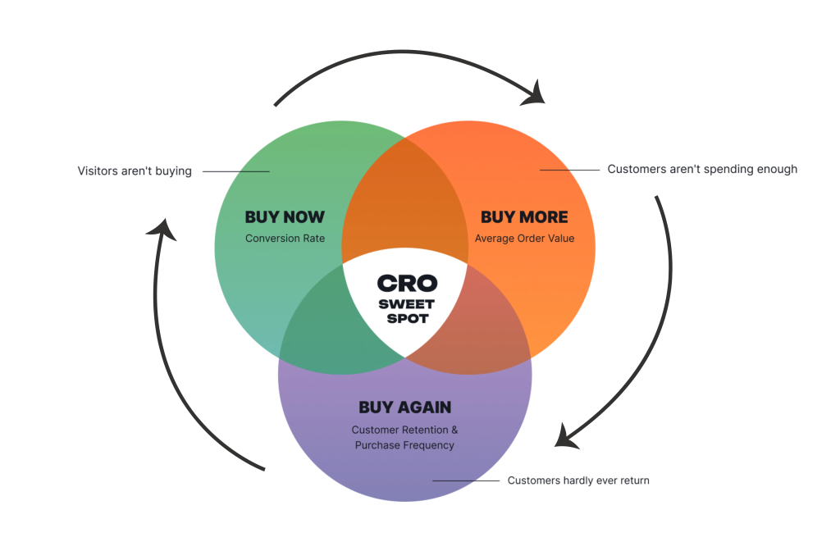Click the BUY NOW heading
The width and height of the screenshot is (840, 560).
point(285,216)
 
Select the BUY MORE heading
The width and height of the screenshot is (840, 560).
point(524,216)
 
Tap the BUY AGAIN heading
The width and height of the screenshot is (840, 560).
point(405,407)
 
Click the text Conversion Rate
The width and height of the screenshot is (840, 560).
point(285,239)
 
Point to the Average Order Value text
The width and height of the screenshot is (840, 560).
point(524,239)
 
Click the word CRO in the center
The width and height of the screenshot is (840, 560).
point(407,283)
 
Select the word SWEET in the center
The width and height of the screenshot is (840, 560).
point(407,304)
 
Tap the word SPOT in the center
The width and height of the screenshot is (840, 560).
point(408,319)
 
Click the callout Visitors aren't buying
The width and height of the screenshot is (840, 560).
point(135,171)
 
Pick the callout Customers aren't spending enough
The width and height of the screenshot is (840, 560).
point(702,169)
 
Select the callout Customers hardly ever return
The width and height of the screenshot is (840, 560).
point(578,480)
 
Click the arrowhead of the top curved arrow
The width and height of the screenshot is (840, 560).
point(534,93)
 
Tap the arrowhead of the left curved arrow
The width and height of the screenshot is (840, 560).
point(162,229)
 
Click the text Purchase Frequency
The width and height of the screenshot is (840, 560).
point(404,445)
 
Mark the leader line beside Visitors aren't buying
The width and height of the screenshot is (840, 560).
point(235,171)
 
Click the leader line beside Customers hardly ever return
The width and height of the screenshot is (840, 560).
point(466,480)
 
